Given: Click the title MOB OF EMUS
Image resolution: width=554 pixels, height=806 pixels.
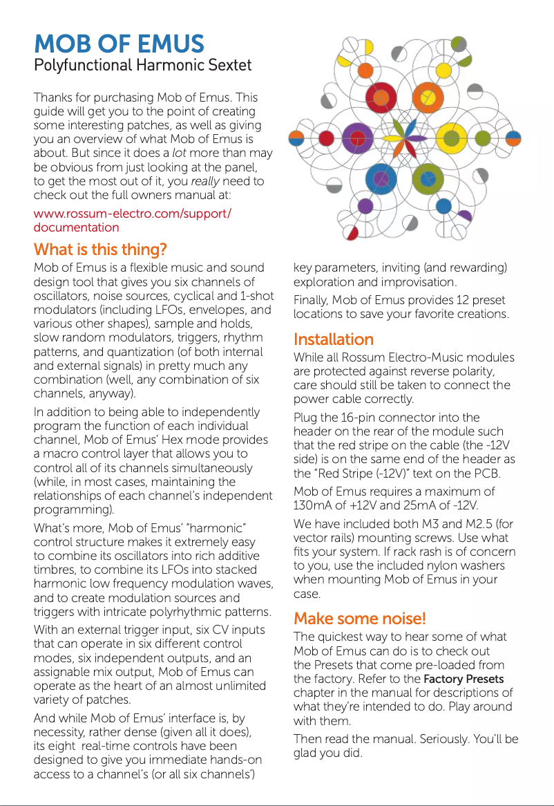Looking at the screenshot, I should click(x=119, y=44).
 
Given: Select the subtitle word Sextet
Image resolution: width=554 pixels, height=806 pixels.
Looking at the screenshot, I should click(x=229, y=66).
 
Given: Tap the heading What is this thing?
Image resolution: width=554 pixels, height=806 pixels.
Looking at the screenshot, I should click(x=100, y=249).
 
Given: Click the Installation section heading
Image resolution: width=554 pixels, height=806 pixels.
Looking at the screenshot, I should click(x=333, y=339).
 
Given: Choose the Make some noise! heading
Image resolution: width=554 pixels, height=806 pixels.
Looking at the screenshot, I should click(x=360, y=618).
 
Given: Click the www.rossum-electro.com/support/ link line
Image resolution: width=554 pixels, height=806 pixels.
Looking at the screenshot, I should click(x=133, y=213).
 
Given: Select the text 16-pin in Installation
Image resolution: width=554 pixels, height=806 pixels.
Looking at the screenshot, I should click(x=357, y=418).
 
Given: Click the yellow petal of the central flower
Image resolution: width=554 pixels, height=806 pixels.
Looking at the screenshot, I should click(x=392, y=138).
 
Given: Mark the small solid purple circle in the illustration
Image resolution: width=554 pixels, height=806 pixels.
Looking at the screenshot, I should click(x=365, y=206).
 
